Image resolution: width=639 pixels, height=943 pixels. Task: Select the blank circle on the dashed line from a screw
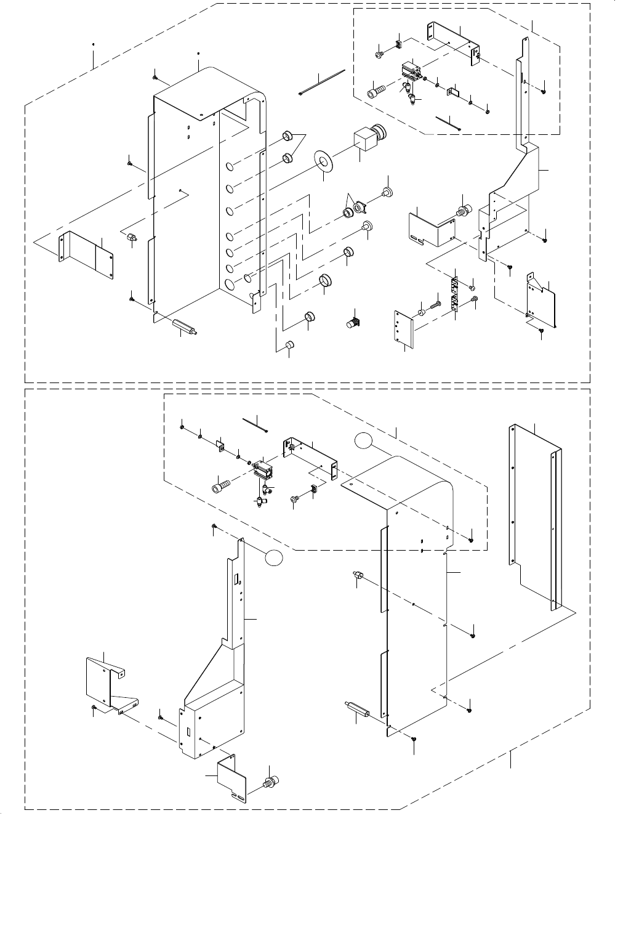[x=275, y=557]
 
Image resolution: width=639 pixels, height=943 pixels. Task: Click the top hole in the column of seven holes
[x=229, y=166]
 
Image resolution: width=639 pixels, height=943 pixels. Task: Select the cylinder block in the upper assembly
[x=410, y=72]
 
